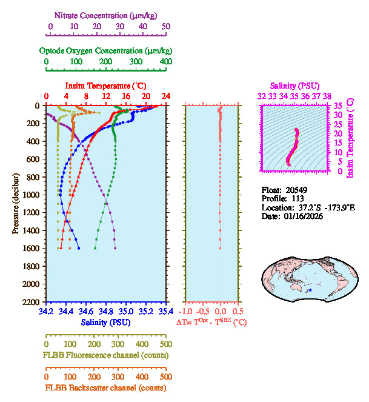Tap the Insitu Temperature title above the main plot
coord(105,86)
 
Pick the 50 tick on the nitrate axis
coord(165,27)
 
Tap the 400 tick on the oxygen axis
coord(165,62)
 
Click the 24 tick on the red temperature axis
coord(165,96)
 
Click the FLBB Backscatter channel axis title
coord(104,388)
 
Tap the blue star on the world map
coord(310,291)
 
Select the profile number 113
coord(298,198)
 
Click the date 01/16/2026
coord(301,216)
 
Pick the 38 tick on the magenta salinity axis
coord(327,96)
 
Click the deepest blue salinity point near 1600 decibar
coord(79,248)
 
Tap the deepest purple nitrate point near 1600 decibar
coord(115,248)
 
